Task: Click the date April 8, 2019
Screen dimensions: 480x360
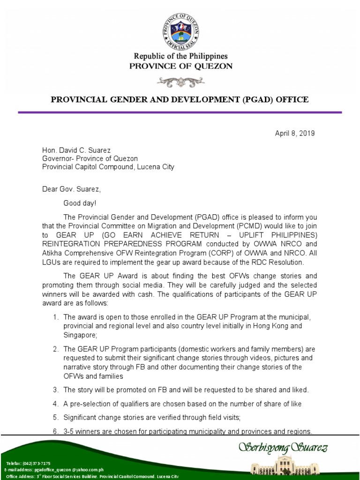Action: [x=295, y=133]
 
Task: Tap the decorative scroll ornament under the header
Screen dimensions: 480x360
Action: [x=180, y=82]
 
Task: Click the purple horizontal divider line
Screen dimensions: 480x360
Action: [x=180, y=112]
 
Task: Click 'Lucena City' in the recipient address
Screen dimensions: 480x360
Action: [x=155, y=167]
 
